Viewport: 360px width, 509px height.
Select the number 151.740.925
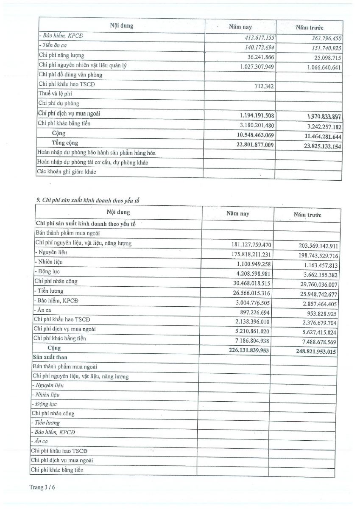[323, 48]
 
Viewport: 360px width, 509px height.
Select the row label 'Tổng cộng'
[65, 143]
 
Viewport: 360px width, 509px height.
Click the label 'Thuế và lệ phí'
[53, 94]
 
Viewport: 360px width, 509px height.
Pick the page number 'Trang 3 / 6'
[42, 487]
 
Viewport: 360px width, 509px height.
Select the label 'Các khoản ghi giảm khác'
[67, 172]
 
